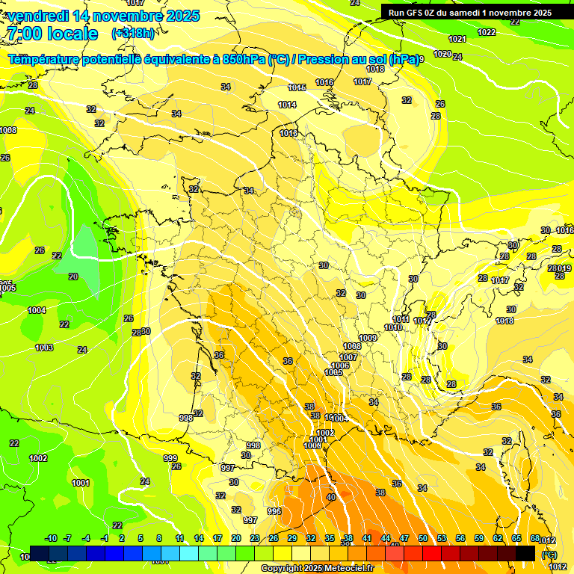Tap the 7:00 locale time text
[52, 34]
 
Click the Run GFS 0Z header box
[470, 12]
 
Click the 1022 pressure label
[487, 32]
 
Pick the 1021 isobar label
[457, 39]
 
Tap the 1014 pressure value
[287, 105]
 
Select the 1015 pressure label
[297, 87]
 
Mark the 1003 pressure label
[44, 348]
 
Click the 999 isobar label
[170, 458]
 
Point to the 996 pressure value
[274, 511]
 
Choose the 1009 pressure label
[368, 339]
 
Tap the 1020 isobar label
[442, 54]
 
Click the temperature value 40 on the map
[331, 497]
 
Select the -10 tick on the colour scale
[51, 539]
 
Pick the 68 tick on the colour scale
[535, 539]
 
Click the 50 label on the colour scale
[423, 539]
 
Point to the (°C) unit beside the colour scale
[549, 555]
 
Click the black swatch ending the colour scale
[525, 554]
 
